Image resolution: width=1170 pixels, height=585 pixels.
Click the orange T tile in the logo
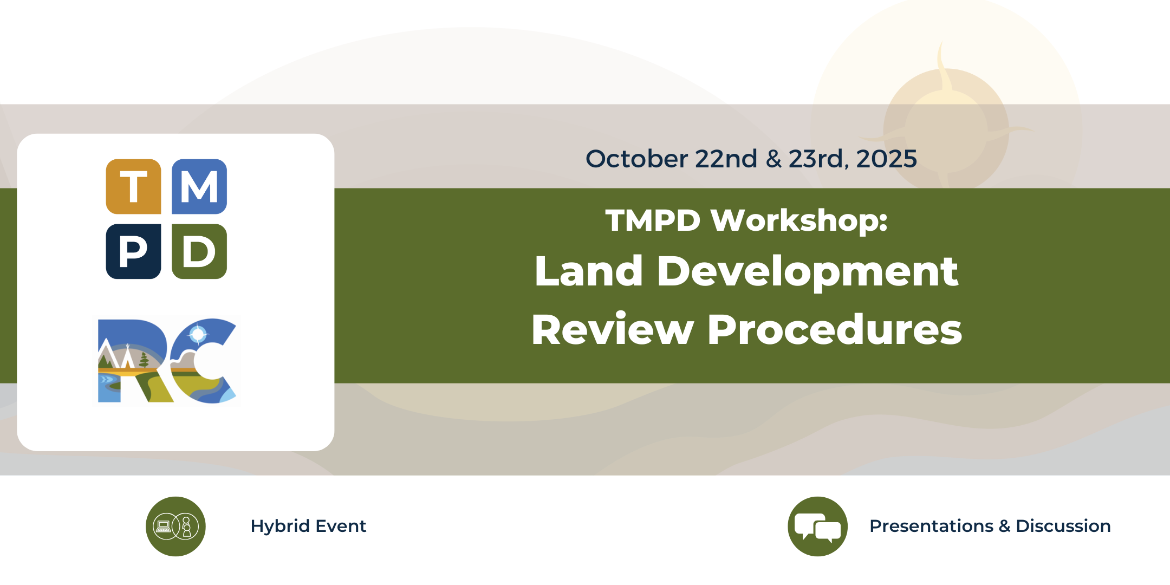pos(133,186)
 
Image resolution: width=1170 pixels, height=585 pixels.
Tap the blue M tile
pos(199,186)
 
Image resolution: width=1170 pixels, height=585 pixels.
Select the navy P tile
pos(133,251)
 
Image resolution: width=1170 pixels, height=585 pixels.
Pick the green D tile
pos(199,251)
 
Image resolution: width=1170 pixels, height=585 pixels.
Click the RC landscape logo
pos(167,361)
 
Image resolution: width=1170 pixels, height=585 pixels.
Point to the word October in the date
pos(636,159)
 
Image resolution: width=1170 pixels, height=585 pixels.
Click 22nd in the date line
pos(726,159)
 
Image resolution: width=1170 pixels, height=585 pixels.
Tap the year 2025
pos(887,159)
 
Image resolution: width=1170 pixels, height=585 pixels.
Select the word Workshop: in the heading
pos(799,220)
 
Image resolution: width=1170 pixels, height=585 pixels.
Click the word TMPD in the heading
pos(653,220)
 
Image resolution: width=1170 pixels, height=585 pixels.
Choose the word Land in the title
pos(589,270)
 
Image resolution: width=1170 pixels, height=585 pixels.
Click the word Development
pos(808,272)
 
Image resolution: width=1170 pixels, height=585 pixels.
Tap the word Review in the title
pos(613,329)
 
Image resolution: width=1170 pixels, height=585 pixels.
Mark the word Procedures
pos(835,329)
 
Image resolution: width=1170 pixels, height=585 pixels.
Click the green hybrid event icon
pos(175,526)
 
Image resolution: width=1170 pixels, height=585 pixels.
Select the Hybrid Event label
pos(308,526)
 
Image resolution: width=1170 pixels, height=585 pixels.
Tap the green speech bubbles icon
pos(817,526)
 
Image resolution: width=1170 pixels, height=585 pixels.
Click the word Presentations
pos(932,526)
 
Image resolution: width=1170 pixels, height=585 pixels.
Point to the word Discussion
pos(1063,526)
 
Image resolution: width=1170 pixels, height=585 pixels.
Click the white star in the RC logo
pos(198,334)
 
